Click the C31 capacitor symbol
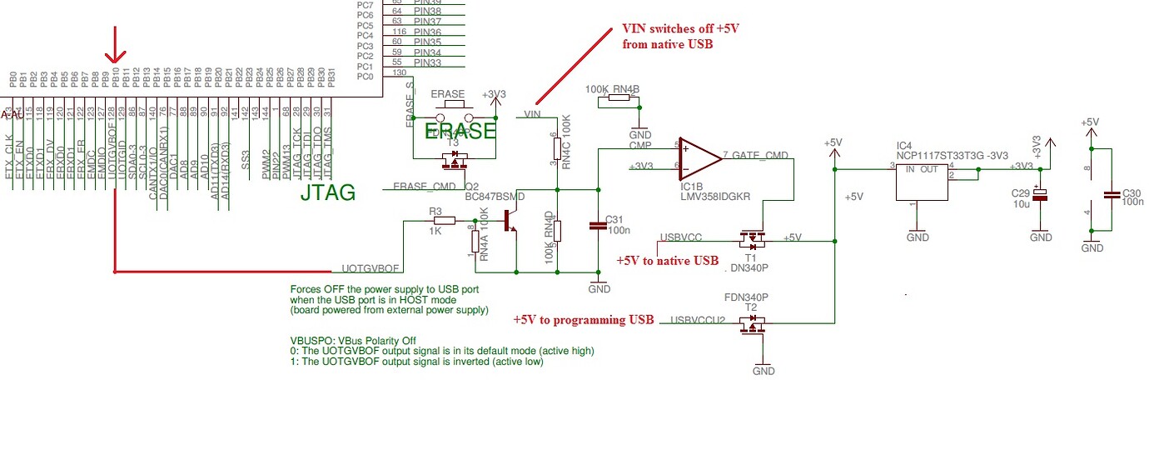(x=598, y=224)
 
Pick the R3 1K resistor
(x=443, y=221)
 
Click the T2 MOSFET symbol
(x=752, y=325)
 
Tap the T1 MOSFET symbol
(x=753, y=242)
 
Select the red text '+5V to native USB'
(x=667, y=261)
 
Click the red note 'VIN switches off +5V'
(x=680, y=28)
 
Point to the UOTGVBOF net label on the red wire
(x=371, y=269)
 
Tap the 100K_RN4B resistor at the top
(x=616, y=98)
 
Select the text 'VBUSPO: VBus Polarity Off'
(x=353, y=341)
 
